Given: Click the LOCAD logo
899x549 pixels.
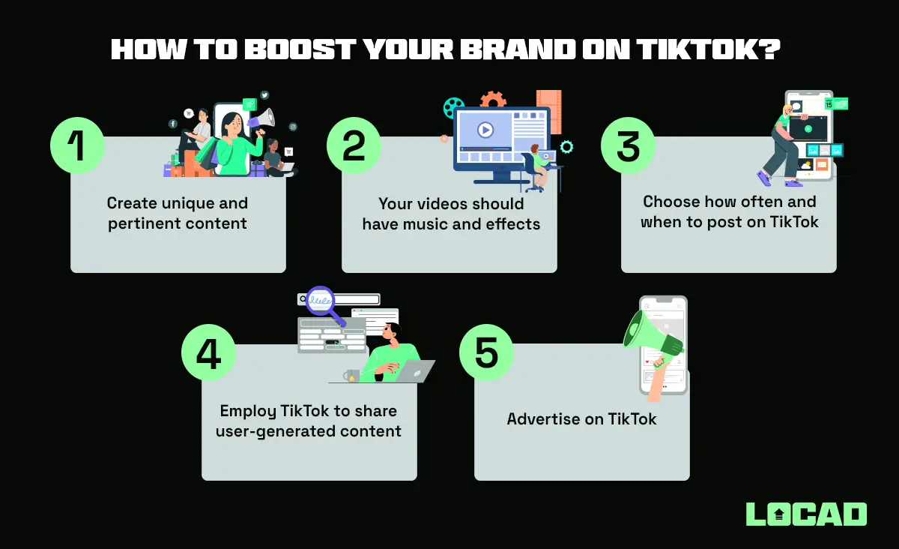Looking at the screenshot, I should pos(806,514).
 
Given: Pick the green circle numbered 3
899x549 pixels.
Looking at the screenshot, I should pos(628,145).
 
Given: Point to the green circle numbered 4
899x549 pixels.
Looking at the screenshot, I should pos(208,353).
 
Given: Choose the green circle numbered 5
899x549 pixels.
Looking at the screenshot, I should pos(485,352).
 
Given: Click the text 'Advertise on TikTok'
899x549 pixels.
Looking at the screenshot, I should pos(581,419).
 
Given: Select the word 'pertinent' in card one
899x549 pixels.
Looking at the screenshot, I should pos(140,223).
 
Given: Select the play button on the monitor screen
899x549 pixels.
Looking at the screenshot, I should pos(485,130).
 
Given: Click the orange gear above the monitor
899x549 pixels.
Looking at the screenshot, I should pos(493,100).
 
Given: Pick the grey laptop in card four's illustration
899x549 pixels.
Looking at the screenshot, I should pos(414,372).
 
